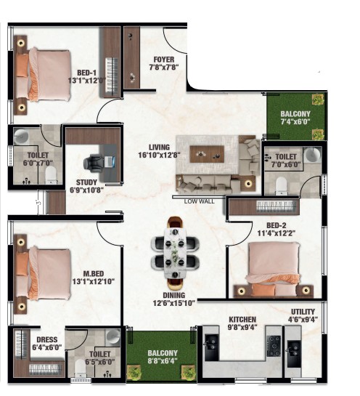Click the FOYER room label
point(164,60)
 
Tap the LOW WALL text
point(200,201)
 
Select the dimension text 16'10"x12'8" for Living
point(159,155)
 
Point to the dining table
point(175,253)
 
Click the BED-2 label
point(277,225)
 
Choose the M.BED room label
point(94,273)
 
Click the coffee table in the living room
point(207,154)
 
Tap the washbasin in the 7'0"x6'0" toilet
point(312,155)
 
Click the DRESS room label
point(47,339)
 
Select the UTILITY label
point(303,312)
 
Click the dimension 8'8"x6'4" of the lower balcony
point(163,360)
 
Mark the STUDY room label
point(86,182)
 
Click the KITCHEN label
point(242,319)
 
